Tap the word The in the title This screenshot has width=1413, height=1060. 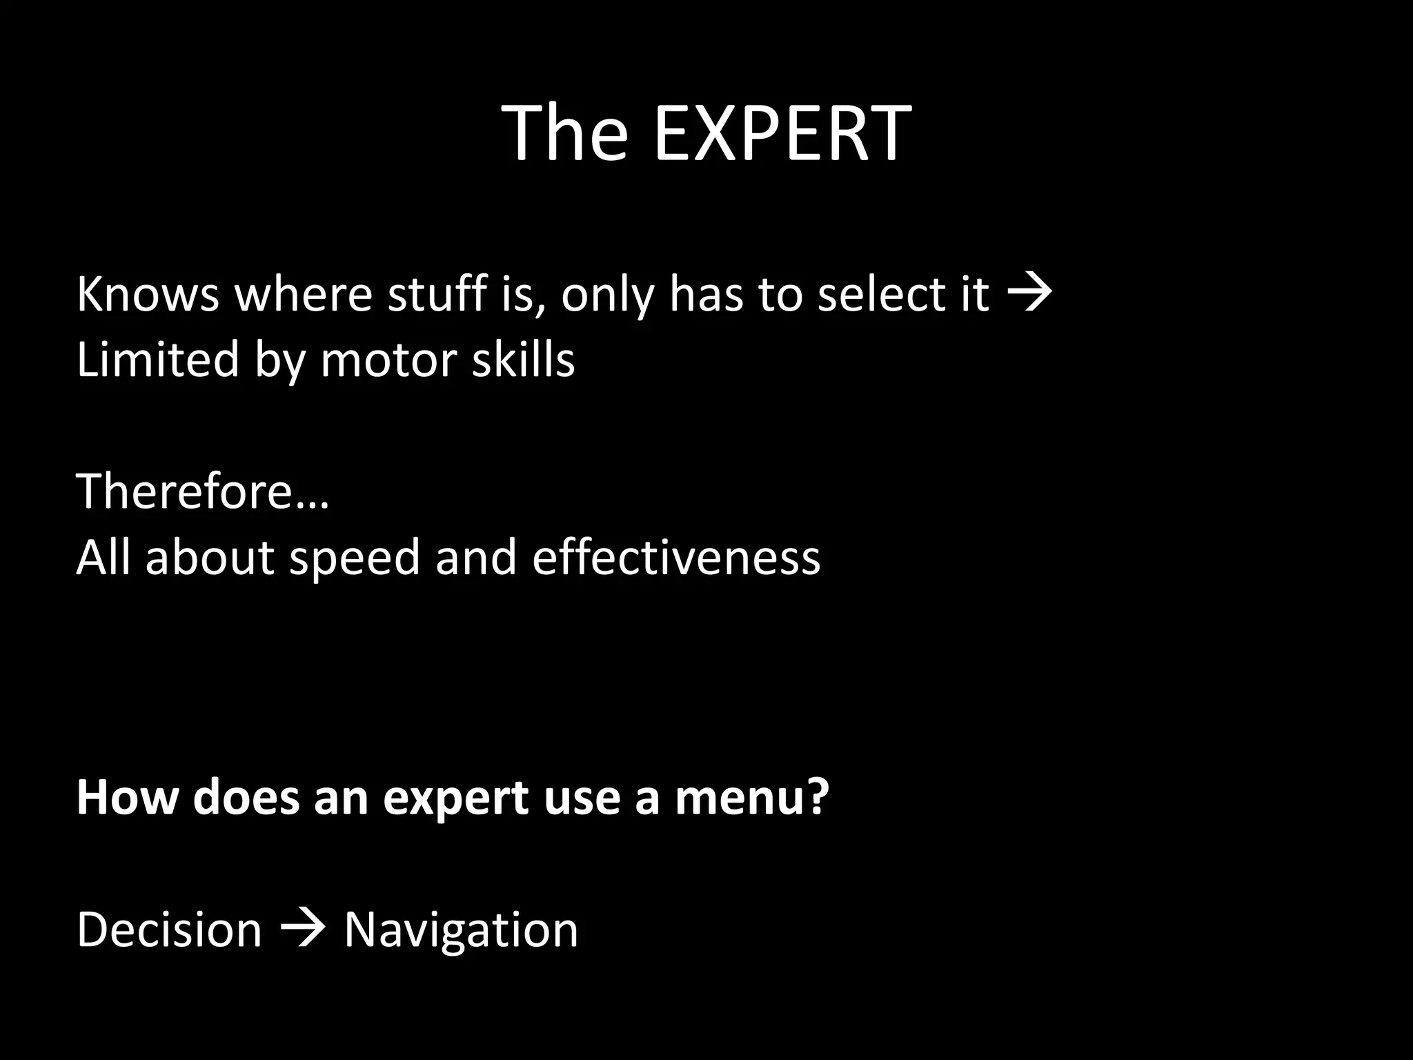566,133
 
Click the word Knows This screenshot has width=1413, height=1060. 147,295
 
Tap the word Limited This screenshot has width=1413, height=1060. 157,360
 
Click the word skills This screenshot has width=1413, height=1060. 523,360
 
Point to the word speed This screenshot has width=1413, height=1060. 354,558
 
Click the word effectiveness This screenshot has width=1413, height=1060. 676,558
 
